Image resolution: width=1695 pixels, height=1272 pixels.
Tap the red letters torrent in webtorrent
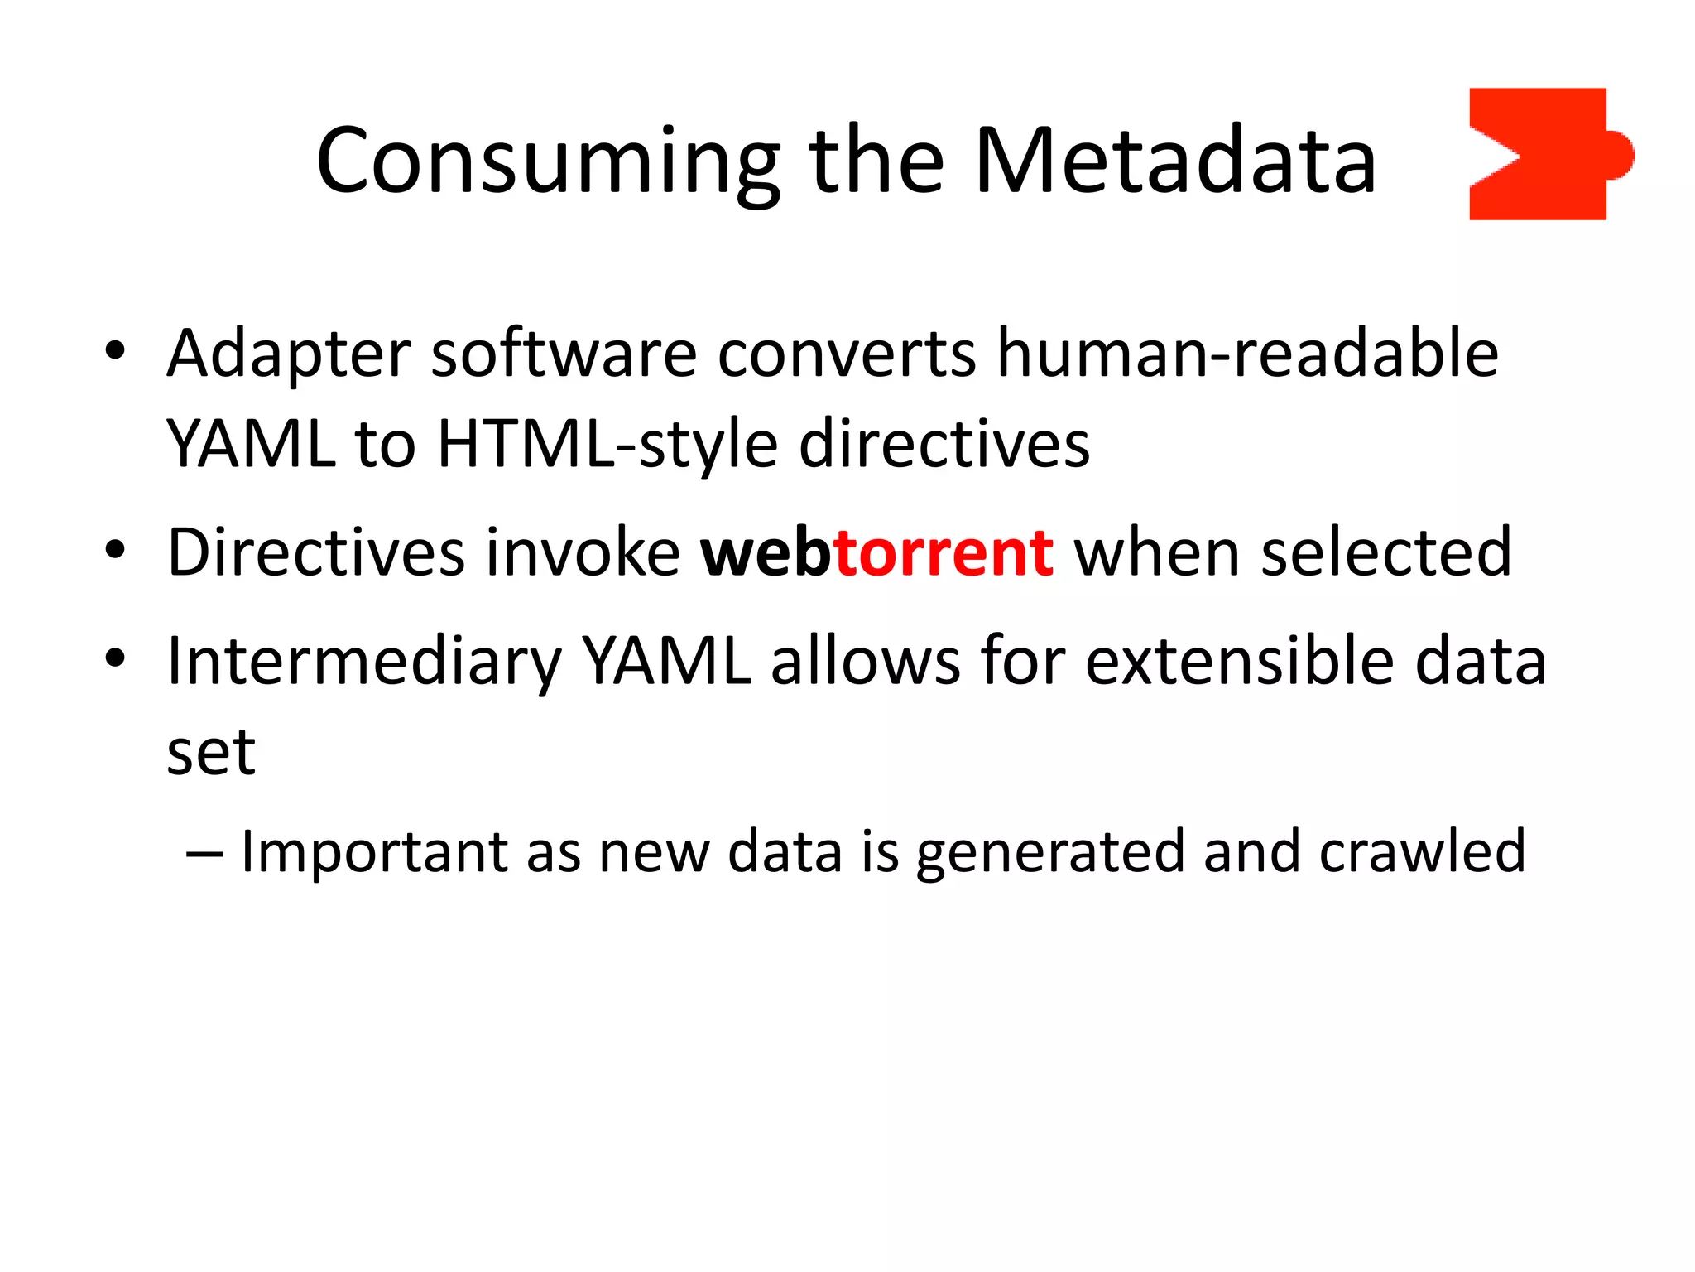[944, 552]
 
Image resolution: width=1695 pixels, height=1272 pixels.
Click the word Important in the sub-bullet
[374, 852]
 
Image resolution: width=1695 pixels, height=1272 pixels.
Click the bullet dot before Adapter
[114, 351]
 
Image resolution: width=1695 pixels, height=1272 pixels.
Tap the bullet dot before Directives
[114, 549]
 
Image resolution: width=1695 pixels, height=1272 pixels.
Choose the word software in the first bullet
[564, 354]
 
